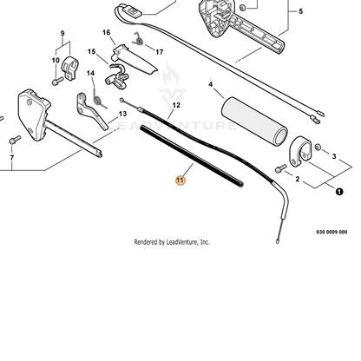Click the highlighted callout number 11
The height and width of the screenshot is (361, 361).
point(180,180)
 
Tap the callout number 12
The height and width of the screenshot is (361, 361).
point(176,105)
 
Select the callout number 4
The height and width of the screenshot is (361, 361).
point(210,84)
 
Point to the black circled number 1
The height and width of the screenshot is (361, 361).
point(339,192)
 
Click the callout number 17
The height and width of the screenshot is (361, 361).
point(160,52)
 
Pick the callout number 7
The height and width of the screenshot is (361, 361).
point(12,158)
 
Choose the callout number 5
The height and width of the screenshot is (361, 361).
point(300,11)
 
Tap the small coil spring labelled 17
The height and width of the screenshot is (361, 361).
point(138,39)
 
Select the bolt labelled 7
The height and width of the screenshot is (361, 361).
point(15,140)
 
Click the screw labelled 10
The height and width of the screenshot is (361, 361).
point(57,81)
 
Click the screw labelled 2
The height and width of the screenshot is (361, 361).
point(280,168)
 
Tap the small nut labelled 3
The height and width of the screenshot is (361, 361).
point(318,147)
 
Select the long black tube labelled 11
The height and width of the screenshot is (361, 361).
point(192,156)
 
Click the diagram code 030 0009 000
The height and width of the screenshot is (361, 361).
point(331,232)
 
